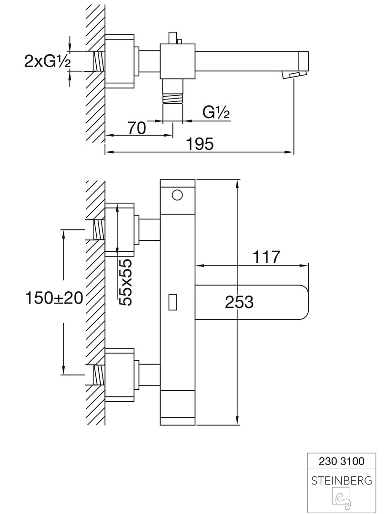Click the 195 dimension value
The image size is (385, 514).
(x=200, y=143)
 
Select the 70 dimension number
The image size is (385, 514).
(x=136, y=128)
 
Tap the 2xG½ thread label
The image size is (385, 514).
(x=47, y=61)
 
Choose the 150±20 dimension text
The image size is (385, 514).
(x=55, y=298)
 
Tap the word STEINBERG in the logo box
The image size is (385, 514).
(x=341, y=481)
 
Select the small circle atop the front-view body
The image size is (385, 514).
(x=177, y=195)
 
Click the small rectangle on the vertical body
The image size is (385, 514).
(x=173, y=302)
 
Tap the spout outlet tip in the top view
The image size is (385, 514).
(x=295, y=75)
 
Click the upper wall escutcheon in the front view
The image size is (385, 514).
(x=120, y=230)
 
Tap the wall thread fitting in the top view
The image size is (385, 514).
(x=98, y=61)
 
